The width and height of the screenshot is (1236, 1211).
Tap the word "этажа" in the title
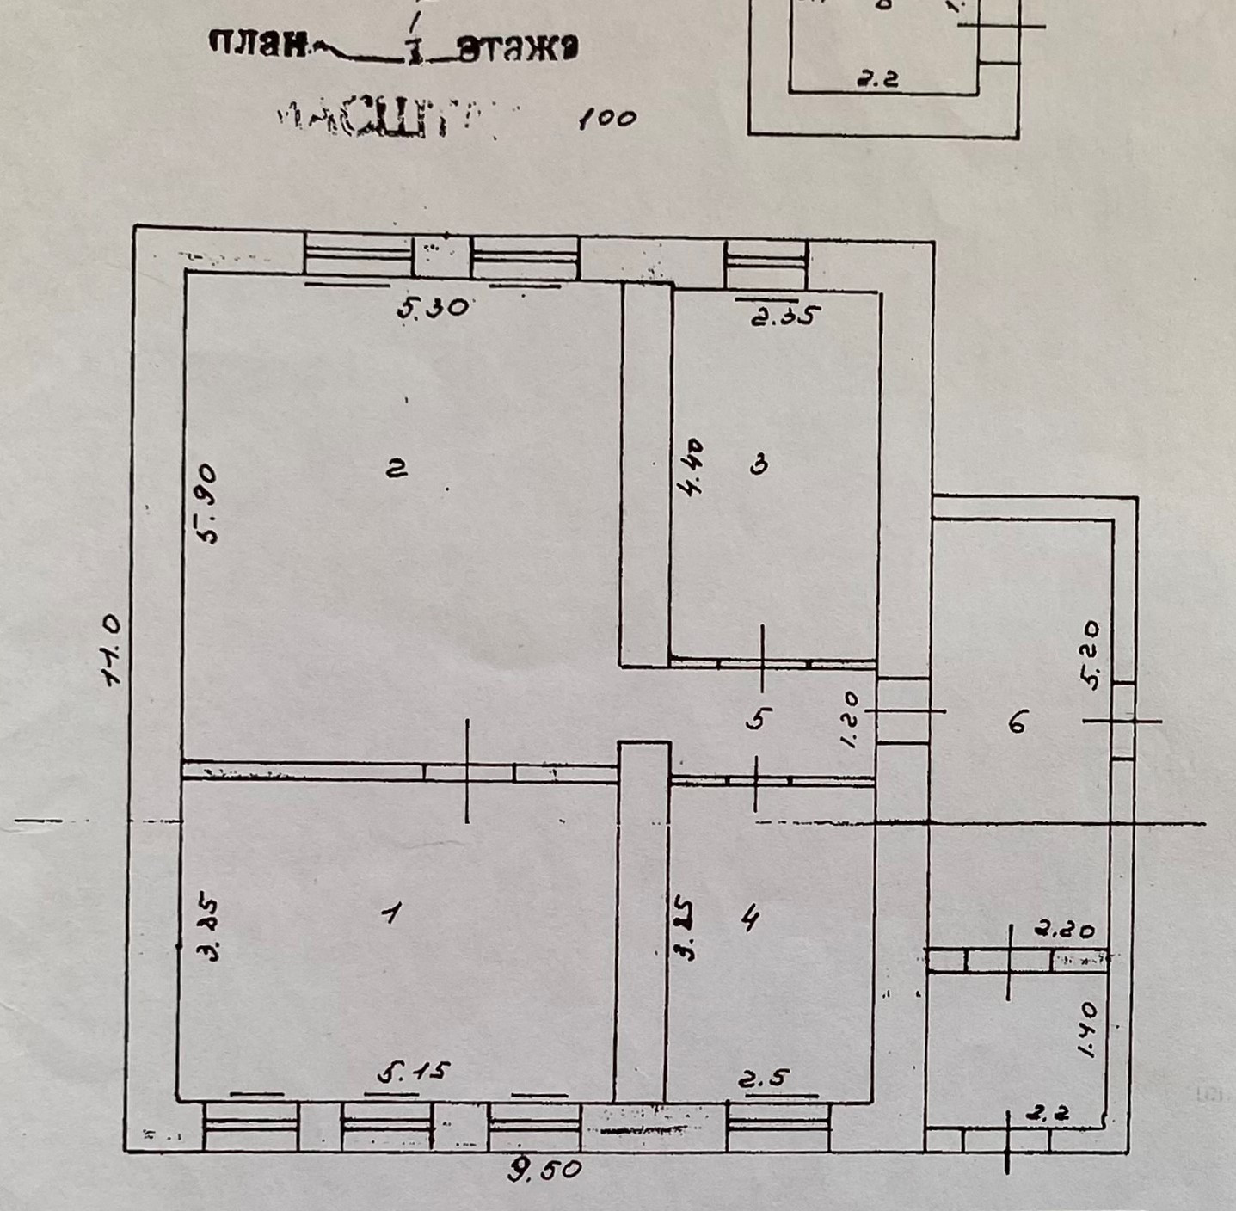pyautogui.click(x=516, y=49)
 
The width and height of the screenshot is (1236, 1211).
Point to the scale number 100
pyautogui.click(x=607, y=118)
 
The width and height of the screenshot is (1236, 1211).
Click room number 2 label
pyautogui.click(x=397, y=469)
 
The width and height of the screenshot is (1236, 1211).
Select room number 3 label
pyautogui.click(x=759, y=465)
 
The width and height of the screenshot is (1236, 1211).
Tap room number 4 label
pyautogui.click(x=750, y=919)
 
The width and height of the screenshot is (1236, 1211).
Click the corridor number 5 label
pyautogui.click(x=756, y=718)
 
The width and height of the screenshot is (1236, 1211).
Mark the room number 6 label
pyautogui.click(x=1018, y=723)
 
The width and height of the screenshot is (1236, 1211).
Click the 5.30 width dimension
pyautogui.click(x=433, y=306)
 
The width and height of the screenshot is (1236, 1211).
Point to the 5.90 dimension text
pyautogui.click(x=206, y=504)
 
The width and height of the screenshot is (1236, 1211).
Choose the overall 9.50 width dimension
pyautogui.click(x=544, y=1171)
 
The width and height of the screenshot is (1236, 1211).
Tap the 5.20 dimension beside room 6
pyautogui.click(x=1091, y=655)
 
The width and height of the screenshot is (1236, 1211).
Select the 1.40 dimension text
pyautogui.click(x=1085, y=1030)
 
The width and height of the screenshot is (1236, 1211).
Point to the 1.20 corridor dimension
pyautogui.click(x=852, y=721)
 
